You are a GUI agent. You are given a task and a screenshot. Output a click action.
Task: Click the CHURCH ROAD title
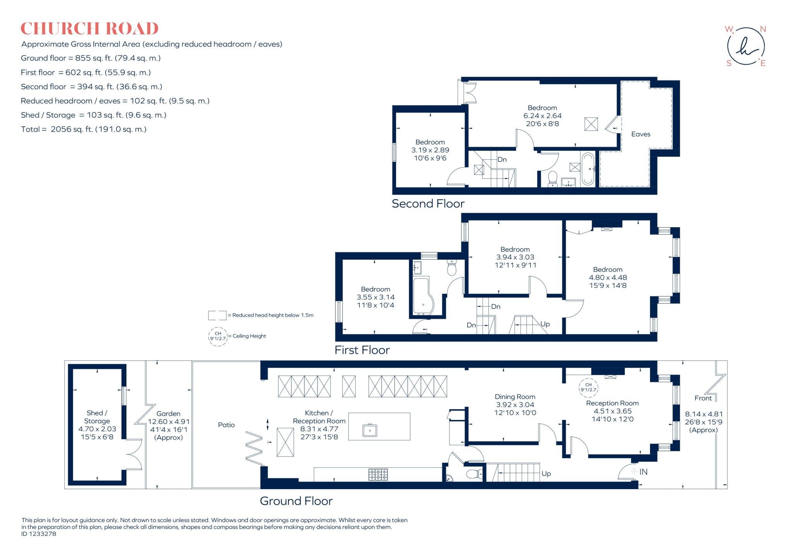[89, 29]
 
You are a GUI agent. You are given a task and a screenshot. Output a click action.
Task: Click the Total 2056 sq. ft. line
[84, 129]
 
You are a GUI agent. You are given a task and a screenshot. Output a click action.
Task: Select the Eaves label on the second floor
[640, 134]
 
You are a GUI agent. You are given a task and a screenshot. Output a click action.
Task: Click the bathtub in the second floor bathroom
[588, 169]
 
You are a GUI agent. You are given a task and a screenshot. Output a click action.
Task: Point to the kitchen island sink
[370, 430]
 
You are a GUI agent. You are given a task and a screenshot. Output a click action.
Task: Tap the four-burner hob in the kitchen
[378, 474]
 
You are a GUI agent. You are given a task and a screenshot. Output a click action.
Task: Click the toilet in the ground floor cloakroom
[474, 474]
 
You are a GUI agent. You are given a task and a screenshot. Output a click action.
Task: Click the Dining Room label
[515, 397]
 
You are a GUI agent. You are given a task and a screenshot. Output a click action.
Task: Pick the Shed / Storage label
[97, 417]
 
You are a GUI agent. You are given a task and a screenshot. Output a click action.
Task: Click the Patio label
[226, 425]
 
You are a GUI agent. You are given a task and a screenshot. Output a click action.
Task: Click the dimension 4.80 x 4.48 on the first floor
[608, 277]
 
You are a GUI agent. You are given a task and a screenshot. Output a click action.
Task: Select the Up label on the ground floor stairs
[546, 474]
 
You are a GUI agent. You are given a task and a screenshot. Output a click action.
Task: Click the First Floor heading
[362, 350]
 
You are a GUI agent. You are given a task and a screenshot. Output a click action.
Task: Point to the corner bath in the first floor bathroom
[423, 296]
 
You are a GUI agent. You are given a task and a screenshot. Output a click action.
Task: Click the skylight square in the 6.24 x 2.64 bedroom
[591, 124]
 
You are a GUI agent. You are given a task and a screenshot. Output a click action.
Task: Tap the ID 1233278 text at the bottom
[39, 534]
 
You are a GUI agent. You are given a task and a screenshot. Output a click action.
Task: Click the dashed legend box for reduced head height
[217, 315]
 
